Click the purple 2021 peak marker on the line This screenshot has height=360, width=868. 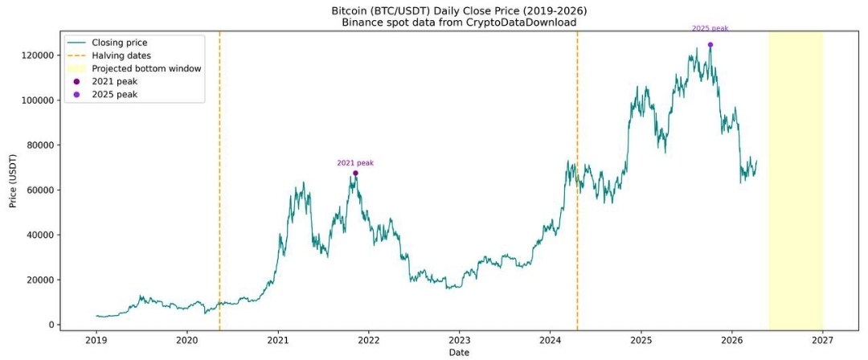[x=355, y=173]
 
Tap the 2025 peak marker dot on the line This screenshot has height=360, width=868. [x=710, y=45]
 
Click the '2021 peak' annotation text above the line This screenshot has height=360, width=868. [x=355, y=163]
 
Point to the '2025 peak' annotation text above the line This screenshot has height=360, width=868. [x=710, y=28]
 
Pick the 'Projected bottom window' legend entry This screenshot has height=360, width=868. [x=146, y=68]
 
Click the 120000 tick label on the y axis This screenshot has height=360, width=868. [x=38, y=55]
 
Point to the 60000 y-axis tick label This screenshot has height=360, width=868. [x=40, y=190]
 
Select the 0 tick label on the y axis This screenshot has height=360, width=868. [x=51, y=325]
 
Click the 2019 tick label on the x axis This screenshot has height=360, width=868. [x=96, y=340]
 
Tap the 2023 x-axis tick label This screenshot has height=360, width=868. [x=460, y=340]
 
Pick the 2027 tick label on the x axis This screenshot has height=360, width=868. [x=822, y=340]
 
